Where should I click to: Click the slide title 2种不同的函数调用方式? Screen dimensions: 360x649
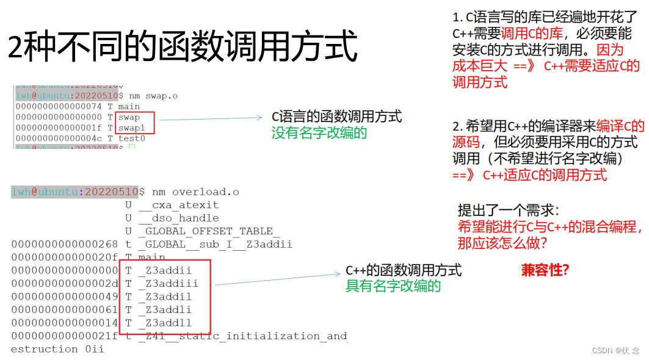[x=182, y=47]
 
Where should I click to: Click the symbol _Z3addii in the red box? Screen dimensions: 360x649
[x=164, y=271]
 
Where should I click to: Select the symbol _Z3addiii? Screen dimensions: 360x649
[x=168, y=284]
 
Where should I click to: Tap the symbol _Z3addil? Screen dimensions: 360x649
[x=164, y=297]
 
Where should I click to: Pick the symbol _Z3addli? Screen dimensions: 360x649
[x=164, y=310]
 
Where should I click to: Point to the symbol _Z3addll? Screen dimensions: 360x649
[x=164, y=323]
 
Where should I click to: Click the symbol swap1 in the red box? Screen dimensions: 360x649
[x=131, y=128]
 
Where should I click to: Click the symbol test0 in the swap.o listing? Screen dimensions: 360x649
[x=131, y=139]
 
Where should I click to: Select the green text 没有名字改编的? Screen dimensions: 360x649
[x=319, y=132]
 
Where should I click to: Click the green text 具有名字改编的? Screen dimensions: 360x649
[x=393, y=286]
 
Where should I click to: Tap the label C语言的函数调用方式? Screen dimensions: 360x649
[x=337, y=117]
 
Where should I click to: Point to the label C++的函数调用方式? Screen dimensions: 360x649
[x=404, y=270]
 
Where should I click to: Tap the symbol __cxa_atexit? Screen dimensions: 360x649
[x=178, y=205]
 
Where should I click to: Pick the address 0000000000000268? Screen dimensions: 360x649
[x=65, y=245]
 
